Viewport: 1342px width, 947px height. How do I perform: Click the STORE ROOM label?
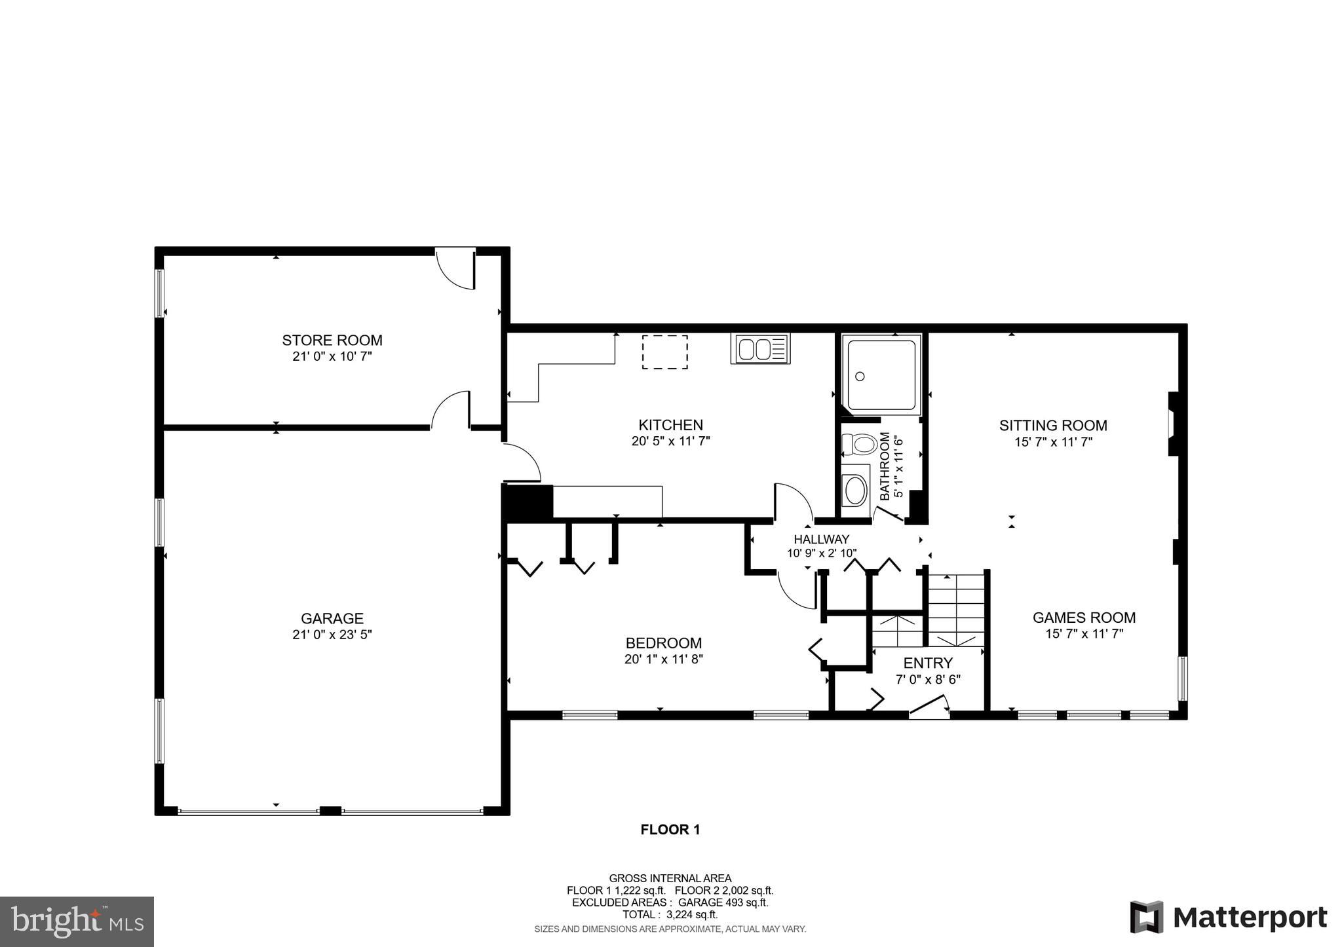point(332,340)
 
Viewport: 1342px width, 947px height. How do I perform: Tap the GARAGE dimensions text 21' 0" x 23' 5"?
point(332,635)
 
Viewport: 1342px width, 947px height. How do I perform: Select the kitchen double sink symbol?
point(760,348)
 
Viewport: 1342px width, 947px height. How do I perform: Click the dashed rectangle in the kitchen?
point(664,352)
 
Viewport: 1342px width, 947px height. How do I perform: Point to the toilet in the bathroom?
point(860,445)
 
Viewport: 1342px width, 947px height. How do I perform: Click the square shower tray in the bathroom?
point(881,374)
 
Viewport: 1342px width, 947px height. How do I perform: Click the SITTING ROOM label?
point(1052,425)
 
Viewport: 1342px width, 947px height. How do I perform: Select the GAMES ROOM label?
point(1083,617)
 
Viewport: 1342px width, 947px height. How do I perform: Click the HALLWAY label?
point(821,539)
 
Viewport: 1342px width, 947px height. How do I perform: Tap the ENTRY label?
point(927,663)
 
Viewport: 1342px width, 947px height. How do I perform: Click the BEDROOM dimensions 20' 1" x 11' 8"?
point(663,659)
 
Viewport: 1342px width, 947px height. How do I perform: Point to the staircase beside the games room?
point(957,609)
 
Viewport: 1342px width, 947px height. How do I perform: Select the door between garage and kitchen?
point(522,462)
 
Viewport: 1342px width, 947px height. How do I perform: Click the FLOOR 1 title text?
point(670,830)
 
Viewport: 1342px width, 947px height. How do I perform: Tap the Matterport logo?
point(1228,917)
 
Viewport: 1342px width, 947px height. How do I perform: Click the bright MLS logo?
point(77,921)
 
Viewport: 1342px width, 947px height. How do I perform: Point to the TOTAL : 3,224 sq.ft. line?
point(670,914)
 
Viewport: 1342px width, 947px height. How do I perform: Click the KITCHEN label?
point(670,425)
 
